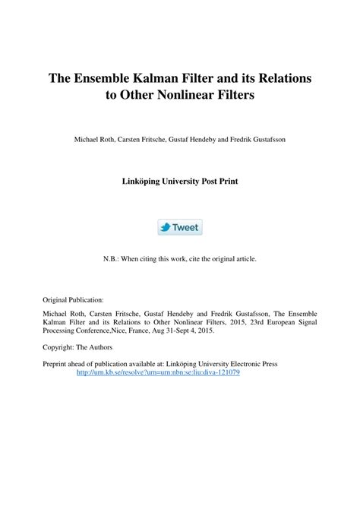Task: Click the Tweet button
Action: pyautogui.click(x=180, y=228)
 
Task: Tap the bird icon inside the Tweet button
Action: pyautogui.click(x=165, y=228)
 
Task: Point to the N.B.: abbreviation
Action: pyautogui.click(x=112, y=258)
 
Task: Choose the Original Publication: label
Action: pyautogui.click(x=73, y=300)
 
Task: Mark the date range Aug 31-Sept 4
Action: pyautogui.click(x=185, y=332)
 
